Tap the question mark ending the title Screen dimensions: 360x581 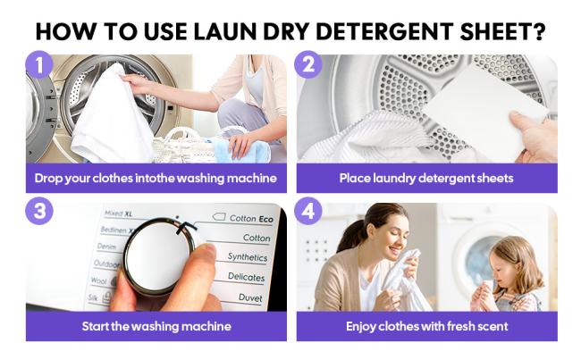point(539,31)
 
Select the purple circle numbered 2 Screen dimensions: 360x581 point(307,65)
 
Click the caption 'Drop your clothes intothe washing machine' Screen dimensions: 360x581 point(156,178)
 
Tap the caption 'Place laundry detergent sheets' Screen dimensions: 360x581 point(426,178)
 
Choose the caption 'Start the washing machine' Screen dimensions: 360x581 point(156,326)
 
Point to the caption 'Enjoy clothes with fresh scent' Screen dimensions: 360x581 point(426,326)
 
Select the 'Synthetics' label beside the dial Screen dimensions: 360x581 point(247,257)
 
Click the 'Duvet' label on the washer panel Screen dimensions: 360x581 point(251,297)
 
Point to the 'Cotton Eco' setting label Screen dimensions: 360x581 point(249,218)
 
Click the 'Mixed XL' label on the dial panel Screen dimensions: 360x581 point(118,213)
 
